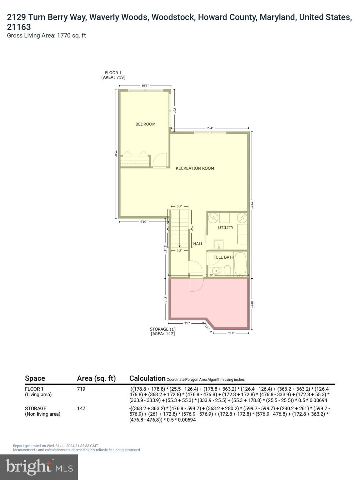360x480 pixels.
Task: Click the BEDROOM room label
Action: tap(145, 124)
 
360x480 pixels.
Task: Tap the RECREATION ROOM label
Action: tap(195, 168)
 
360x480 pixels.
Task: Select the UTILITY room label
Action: tap(226, 227)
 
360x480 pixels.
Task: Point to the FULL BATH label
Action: tap(224, 257)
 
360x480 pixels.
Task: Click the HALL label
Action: tap(198, 244)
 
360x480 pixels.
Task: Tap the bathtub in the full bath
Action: tap(240, 264)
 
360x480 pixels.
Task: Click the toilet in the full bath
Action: tap(227, 270)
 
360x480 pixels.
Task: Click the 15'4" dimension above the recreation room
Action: tap(210, 128)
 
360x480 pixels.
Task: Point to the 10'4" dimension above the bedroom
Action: tap(145, 85)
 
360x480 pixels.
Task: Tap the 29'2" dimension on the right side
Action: tap(252, 205)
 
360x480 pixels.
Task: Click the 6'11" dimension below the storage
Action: tap(231, 333)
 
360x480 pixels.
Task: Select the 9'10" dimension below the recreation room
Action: tap(143, 222)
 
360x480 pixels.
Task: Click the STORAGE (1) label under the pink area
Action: tap(162, 329)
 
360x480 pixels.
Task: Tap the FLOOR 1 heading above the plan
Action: tap(113, 73)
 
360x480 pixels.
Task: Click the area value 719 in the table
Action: tap(81, 389)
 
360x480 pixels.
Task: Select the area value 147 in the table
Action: tap(81, 408)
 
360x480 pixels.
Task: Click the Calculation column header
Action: tap(147, 378)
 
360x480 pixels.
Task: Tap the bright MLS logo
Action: tap(39, 467)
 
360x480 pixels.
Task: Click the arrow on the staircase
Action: tap(179, 246)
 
